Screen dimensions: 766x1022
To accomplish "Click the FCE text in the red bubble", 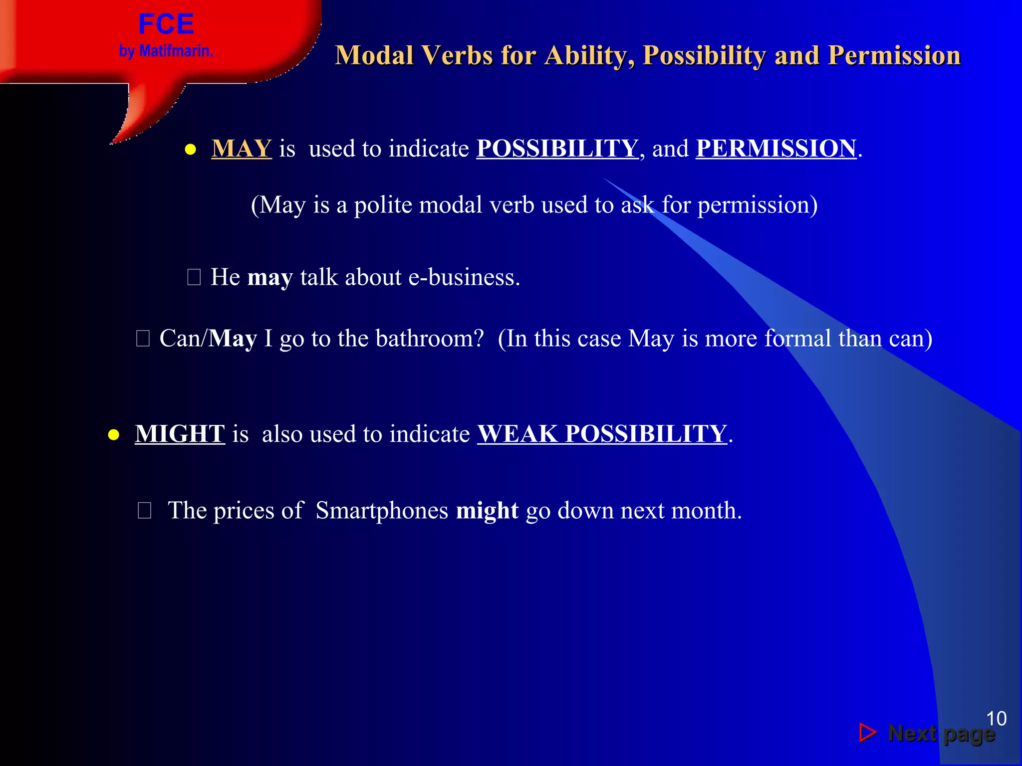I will pos(166,24).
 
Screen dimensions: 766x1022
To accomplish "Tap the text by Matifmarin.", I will pos(166,51).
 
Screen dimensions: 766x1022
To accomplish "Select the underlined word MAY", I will pos(242,149).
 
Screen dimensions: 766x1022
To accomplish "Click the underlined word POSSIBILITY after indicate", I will pos(557,149).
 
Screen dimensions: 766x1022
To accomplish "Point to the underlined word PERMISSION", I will pos(776,149).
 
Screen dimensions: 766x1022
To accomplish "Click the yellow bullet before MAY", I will pos(190,150).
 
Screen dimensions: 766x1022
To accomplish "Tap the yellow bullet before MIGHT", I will pos(114,435).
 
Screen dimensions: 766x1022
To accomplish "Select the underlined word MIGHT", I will pos(180,434).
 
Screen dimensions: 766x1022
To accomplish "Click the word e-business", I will pos(464,277).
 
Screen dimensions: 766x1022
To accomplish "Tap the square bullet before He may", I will pos(194,277).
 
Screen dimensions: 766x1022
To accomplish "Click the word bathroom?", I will pos(430,339).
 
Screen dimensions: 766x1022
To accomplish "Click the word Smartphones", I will pos(382,511).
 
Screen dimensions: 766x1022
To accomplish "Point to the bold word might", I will pos(487,511).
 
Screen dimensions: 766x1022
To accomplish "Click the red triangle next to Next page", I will pos(867,733).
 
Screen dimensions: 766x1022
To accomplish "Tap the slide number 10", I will pos(996,719).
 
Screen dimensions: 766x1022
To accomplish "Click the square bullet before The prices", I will pos(144,511).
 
